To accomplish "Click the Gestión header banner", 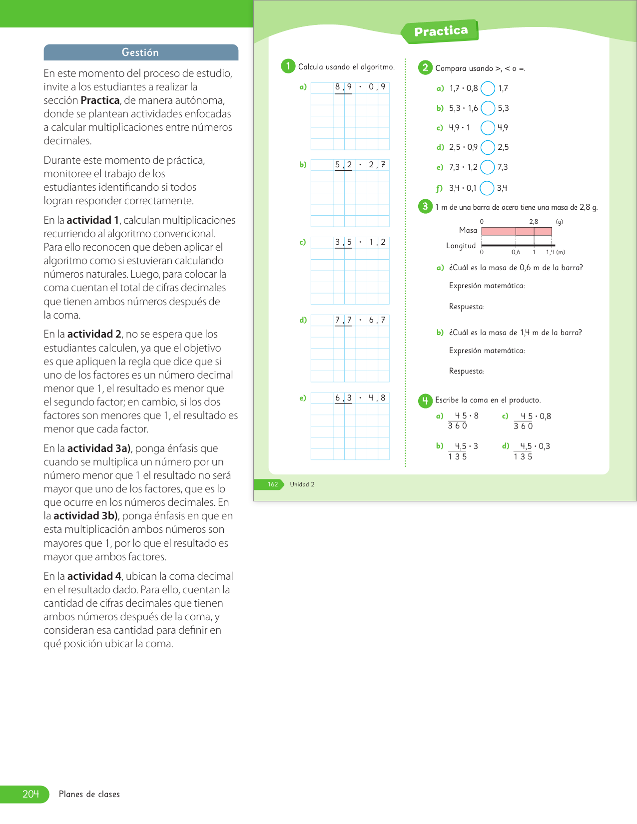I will pos(140,52).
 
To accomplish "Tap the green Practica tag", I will pos(440,31).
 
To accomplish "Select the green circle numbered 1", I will pos(288,66).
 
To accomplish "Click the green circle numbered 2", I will pos(425,67).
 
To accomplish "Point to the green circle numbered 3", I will pos(425,206).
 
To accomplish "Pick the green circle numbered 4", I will pos(425,400).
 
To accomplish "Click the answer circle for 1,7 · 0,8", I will pos(488,88).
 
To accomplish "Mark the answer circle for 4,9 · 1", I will pos(488,128).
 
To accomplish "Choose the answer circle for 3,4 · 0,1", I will pos(487,188).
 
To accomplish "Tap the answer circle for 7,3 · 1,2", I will pos(488,167).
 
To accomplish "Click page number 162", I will pos(273,484).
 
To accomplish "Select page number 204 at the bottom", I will pos(30,794).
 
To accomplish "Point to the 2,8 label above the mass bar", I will pos(534,222).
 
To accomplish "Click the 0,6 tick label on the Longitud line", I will pos(516,252).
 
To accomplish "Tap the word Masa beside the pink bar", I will pos(468,230).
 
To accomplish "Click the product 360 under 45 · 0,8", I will pos(523,426).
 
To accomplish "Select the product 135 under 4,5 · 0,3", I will pos(523,457).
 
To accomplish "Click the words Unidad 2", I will pos(302,484).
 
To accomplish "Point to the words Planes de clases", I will pos(89,794).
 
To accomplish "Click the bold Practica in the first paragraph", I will pos(100,100).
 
